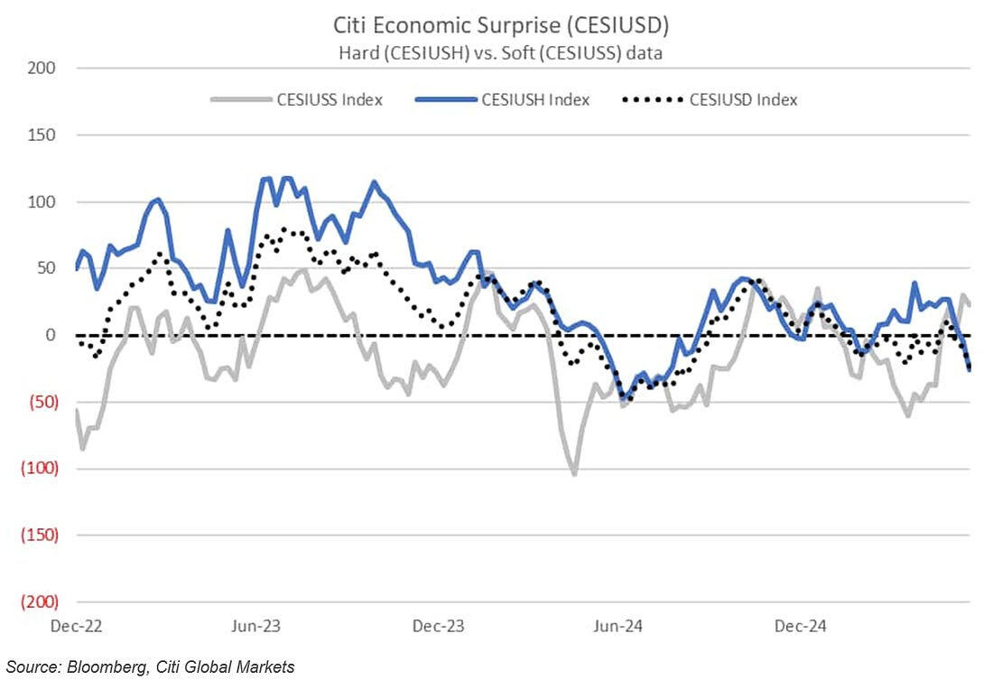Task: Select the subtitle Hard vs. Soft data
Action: [501, 52]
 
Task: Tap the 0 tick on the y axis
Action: [51, 335]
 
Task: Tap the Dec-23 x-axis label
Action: [438, 625]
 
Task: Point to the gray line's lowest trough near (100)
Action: [573, 473]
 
